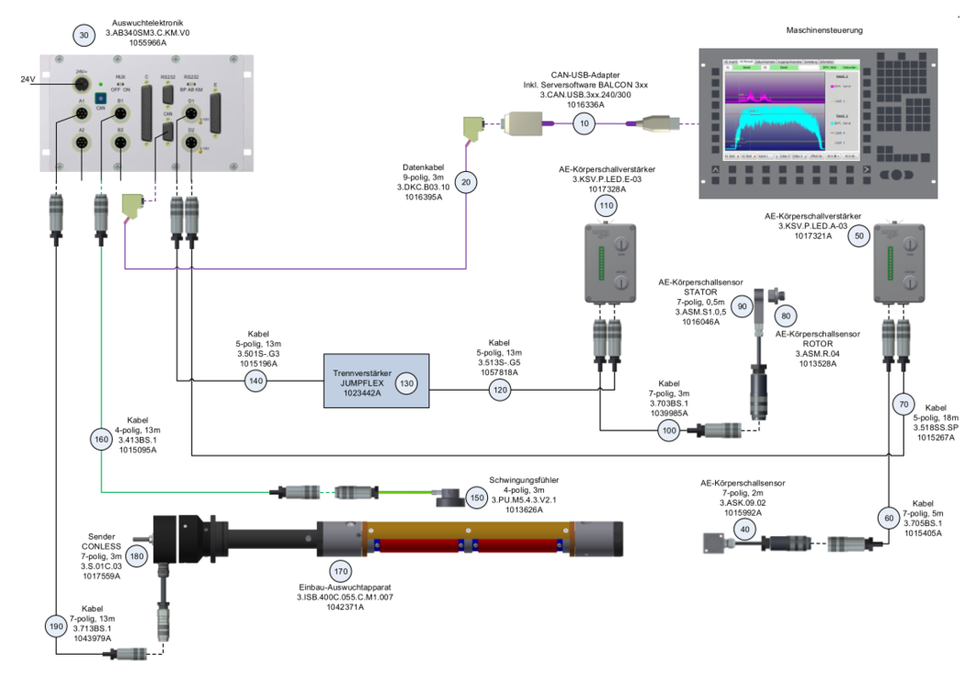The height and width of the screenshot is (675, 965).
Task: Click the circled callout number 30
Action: [85, 35]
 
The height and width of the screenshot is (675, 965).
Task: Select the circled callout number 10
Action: [582, 122]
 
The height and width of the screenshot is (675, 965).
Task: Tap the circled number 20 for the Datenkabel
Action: [466, 183]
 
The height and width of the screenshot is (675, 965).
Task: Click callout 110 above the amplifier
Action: [606, 208]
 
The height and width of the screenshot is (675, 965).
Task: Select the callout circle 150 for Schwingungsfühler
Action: [477, 498]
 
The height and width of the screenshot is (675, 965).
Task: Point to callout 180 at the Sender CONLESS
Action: [137, 556]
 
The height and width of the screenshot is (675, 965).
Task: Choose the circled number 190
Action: [57, 625]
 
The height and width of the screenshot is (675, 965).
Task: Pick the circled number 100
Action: [670, 430]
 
